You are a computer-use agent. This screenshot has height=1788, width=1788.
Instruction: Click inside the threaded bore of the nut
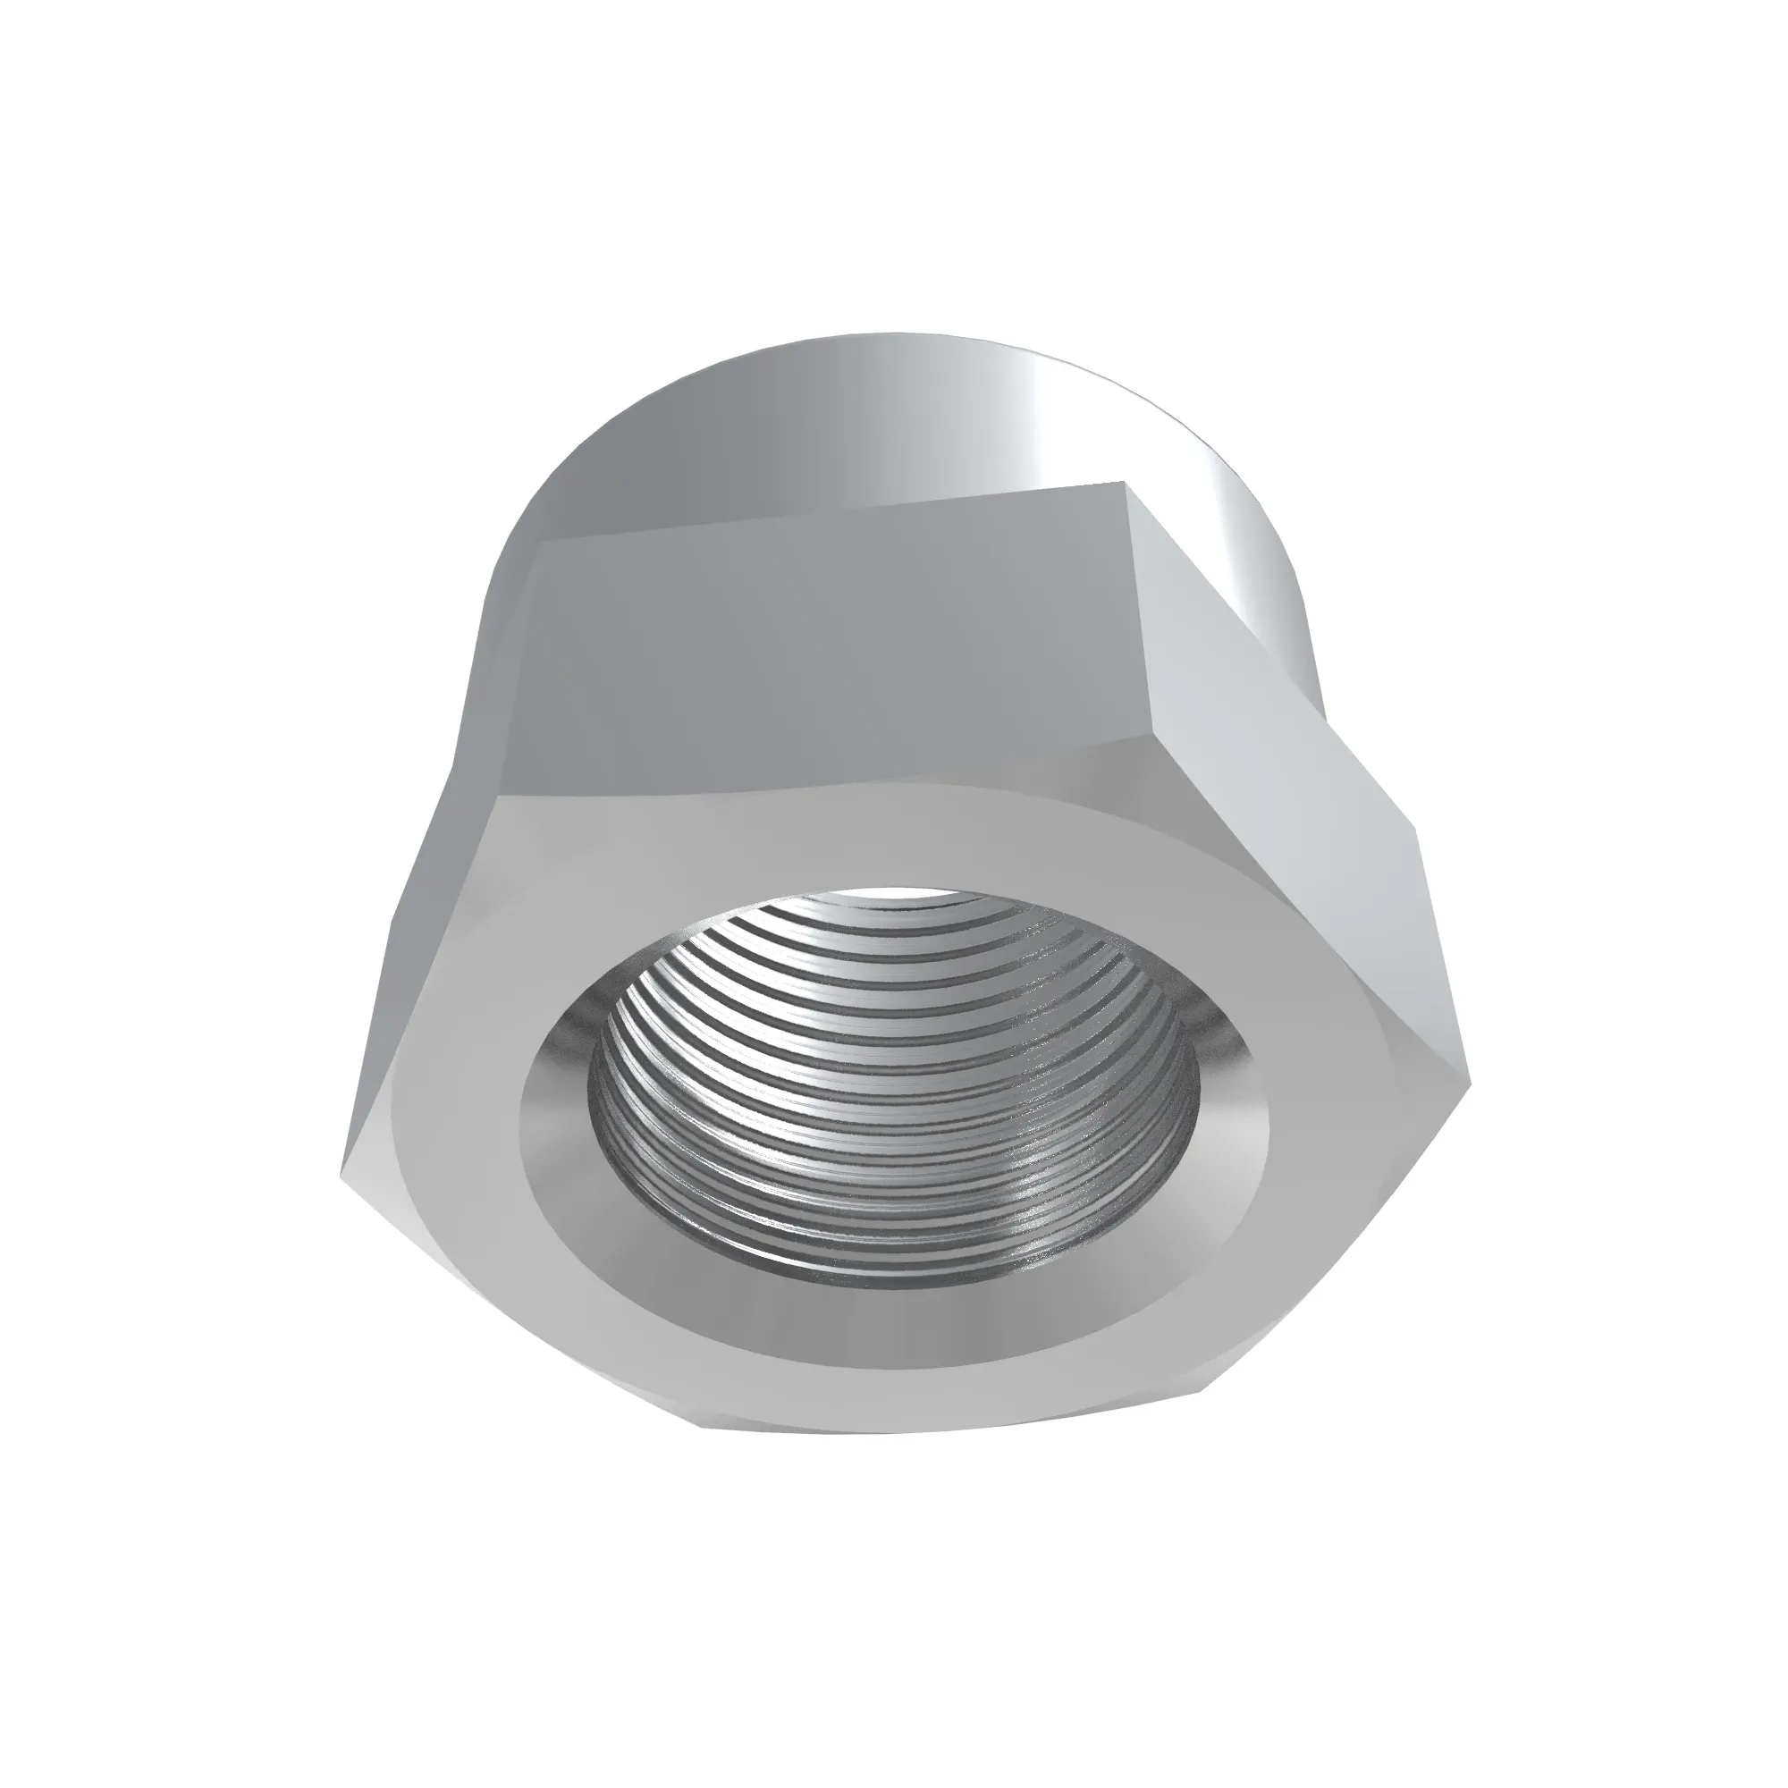point(889,1092)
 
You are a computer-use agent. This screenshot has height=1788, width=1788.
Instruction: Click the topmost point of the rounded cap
point(889,334)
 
